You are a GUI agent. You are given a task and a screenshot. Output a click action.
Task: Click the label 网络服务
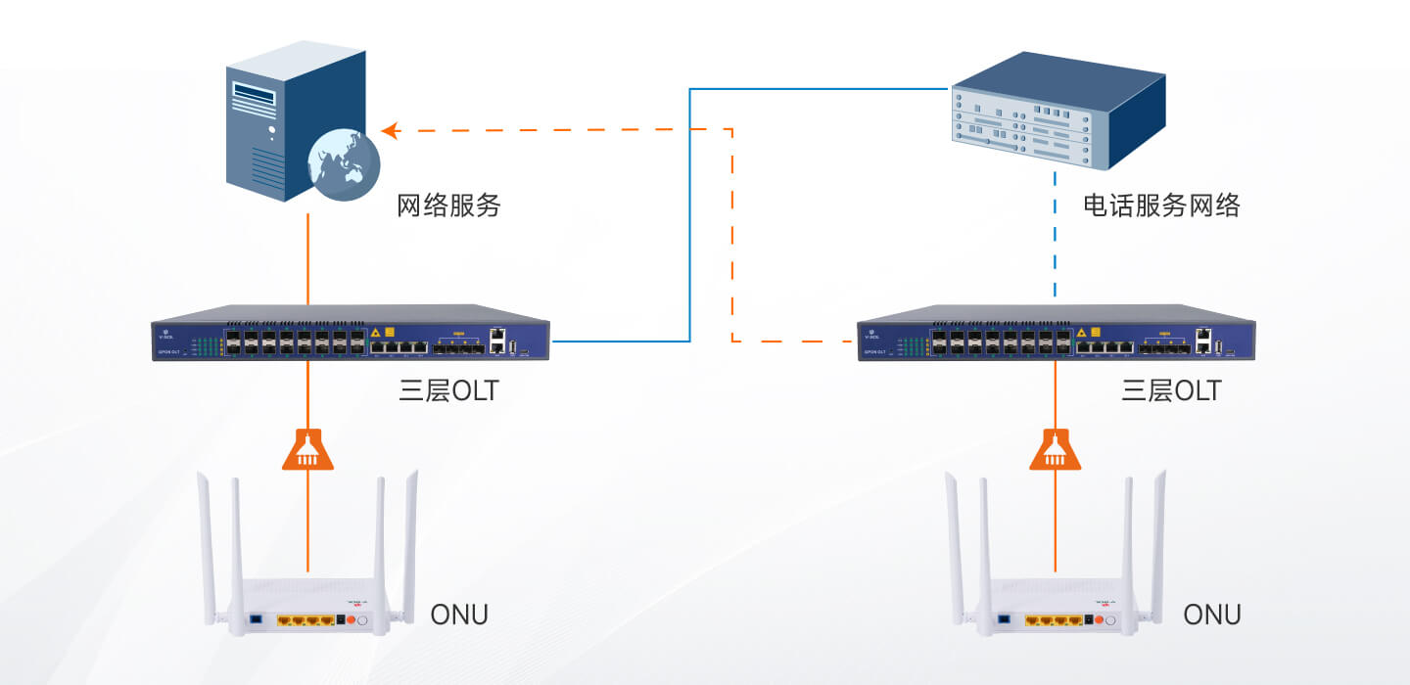(x=448, y=205)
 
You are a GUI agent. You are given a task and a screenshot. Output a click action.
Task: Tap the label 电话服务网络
(x=1161, y=205)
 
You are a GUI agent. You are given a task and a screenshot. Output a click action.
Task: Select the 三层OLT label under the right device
(x=1171, y=391)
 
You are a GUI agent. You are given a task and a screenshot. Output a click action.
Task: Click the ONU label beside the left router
(x=459, y=615)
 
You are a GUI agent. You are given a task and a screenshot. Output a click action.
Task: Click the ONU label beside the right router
(x=1212, y=615)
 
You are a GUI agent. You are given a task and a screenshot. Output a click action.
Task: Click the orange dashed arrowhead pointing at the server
(x=390, y=130)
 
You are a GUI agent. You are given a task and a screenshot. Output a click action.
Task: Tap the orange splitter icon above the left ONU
(x=307, y=449)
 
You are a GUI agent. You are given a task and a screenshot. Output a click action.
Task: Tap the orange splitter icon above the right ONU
(x=1056, y=449)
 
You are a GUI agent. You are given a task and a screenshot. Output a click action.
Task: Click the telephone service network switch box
(x=1057, y=110)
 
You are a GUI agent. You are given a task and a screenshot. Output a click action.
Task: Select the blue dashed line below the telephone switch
(x=1055, y=235)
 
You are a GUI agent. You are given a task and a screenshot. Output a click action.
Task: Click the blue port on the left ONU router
(x=256, y=619)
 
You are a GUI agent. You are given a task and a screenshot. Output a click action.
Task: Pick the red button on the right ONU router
(x=1100, y=619)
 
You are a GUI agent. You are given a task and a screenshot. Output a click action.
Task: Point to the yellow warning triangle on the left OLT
(x=375, y=332)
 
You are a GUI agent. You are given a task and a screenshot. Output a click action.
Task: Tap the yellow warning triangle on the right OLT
(x=1081, y=332)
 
